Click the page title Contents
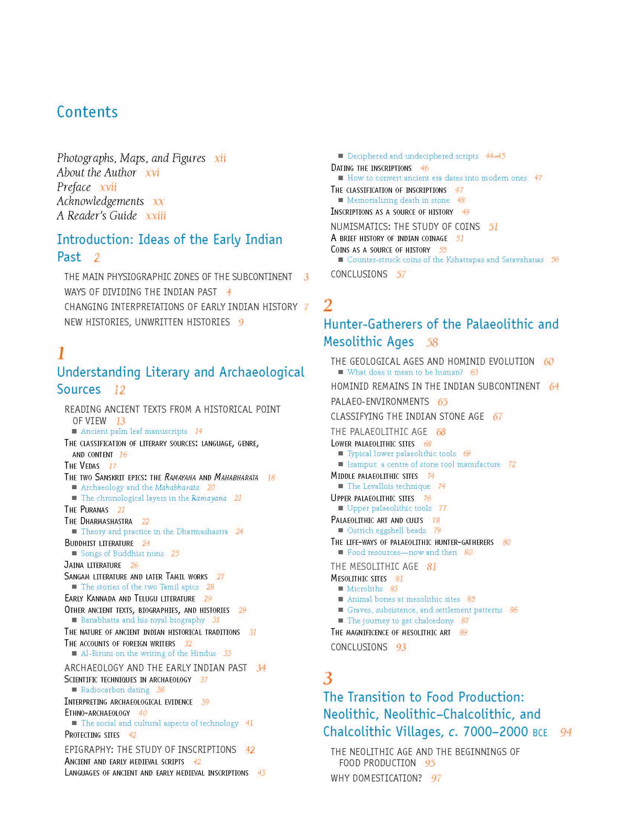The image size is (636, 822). pyautogui.click(x=87, y=112)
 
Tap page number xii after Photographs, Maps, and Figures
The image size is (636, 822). pyautogui.click(x=220, y=158)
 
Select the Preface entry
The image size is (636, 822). pyautogui.click(x=74, y=187)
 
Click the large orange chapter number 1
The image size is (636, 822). pyautogui.click(x=61, y=353)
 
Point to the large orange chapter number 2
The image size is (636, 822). pyautogui.click(x=328, y=305)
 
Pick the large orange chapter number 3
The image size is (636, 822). pyautogui.click(x=328, y=678)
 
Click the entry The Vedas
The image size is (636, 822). pyautogui.click(x=82, y=466)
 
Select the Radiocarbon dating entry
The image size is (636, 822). pyautogui.click(x=115, y=690)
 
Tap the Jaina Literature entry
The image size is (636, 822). pyautogui.click(x=93, y=565)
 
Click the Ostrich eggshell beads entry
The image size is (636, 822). pyautogui.click(x=386, y=530)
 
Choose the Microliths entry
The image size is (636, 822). pyautogui.click(x=365, y=589)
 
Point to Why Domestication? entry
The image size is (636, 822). pyautogui.click(x=376, y=778)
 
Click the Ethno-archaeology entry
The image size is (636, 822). pyautogui.click(x=97, y=713)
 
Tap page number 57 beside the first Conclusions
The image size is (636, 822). pyautogui.click(x=401, y=275)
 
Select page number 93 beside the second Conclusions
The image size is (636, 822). pyautogui.click(x=401, y=648)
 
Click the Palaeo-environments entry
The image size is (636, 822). pyautogui.click(x=379, y=402)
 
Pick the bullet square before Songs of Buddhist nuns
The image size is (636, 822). pyautogui.click(x=74, y=554)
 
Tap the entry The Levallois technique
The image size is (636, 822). pyautogui.click(x=388, y=486)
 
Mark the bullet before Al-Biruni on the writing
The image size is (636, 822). pyautogui.click(x=74, y=654)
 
